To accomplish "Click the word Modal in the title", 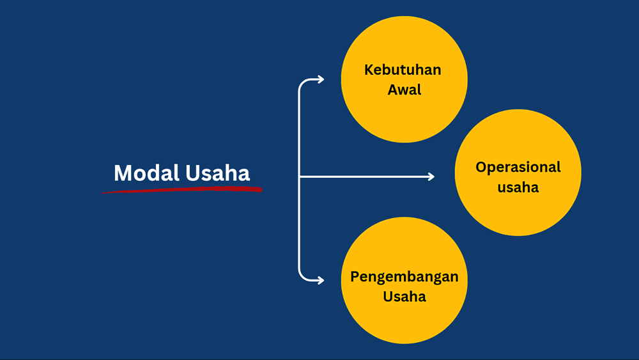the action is tap(146, 173).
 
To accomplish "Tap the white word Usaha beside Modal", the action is tap(217, 173).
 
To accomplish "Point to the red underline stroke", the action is tap(181, 189).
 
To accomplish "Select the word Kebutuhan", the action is tap(403, 70).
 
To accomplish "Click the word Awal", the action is tap(404, 90).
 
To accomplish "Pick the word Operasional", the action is tap(518, 167).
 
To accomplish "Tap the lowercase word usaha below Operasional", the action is tap(518, 187).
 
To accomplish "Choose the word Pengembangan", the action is tap(404, 278).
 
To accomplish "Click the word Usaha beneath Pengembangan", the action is tap(404, 297).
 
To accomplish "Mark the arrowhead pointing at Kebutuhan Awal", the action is tap(321, 79).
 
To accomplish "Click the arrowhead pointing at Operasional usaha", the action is tap(431, 176).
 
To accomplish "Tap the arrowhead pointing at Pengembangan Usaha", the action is tap(321, 281).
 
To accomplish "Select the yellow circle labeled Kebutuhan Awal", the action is tap(404, 79).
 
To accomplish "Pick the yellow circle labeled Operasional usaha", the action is tap(518, 173).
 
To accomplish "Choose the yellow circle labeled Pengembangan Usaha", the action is tap(404, 281).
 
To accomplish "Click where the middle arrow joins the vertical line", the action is tap(300, 176).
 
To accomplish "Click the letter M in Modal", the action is tap(123, 173).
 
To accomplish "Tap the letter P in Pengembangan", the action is tap(355, 276).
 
